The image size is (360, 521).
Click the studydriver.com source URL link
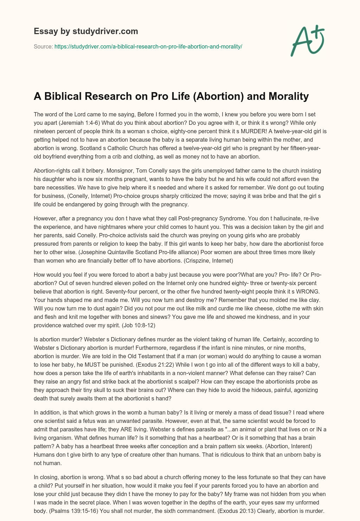click(148, 46)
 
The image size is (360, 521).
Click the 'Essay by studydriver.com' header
click(86, 31)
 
